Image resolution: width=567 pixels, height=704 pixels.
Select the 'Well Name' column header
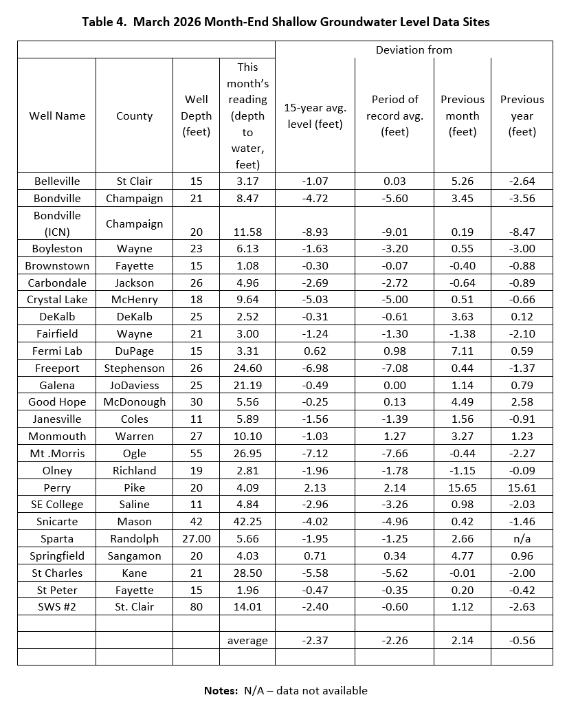57,115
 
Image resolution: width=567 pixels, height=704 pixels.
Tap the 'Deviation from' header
414,49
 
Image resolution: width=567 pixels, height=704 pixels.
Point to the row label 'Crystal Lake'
57,300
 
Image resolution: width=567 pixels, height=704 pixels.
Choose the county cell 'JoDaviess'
135,385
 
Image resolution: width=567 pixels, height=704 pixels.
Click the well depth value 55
196,454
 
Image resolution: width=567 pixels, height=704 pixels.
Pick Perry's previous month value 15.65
463,487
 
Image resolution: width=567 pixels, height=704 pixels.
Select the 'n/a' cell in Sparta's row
522,539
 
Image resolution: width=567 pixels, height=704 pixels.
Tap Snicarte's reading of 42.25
247,522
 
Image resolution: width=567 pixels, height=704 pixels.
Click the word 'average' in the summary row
247,640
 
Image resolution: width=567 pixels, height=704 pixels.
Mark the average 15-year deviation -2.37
315,640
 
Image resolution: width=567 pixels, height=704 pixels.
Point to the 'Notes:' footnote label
222,690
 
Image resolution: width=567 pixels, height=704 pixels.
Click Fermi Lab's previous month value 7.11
463,351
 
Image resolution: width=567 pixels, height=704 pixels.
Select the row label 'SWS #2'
57,606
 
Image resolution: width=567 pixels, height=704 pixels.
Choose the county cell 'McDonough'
135,402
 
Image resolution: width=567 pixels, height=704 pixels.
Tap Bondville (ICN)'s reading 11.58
247,232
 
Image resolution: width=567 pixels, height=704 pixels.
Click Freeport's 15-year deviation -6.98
315,368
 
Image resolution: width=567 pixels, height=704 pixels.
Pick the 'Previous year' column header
522,115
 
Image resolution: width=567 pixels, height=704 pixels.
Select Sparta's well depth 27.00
196,539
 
